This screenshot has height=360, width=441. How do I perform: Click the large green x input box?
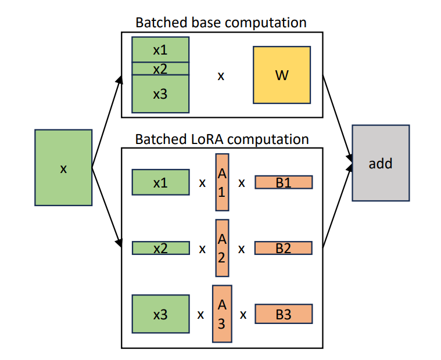coord(63,168)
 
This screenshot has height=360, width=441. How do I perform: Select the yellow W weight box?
coord(281,75)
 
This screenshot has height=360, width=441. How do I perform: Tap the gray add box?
coord(381,163)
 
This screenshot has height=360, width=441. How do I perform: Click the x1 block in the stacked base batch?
coord(160,50)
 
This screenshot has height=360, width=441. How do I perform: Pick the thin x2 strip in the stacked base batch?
coord(160,69)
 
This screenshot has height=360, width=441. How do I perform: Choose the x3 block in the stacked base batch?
coord(160,93)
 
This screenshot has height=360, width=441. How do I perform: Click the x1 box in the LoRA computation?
coord(160,182)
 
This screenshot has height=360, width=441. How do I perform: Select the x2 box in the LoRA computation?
coord(160,249)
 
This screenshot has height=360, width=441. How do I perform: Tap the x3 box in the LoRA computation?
coord(160,314)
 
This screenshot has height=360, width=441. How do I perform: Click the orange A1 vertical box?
coord(222,182)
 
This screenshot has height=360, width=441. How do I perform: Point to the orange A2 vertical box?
coord(222,248)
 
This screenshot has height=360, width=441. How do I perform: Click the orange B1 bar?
coord(284,182)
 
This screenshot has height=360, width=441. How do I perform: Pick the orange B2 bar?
coord(284,249)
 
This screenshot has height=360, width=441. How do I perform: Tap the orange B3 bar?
coord(284,315)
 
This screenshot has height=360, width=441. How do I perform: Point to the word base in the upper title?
coord(204,23)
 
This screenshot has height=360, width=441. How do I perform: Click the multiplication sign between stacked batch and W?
coord(221,75)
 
